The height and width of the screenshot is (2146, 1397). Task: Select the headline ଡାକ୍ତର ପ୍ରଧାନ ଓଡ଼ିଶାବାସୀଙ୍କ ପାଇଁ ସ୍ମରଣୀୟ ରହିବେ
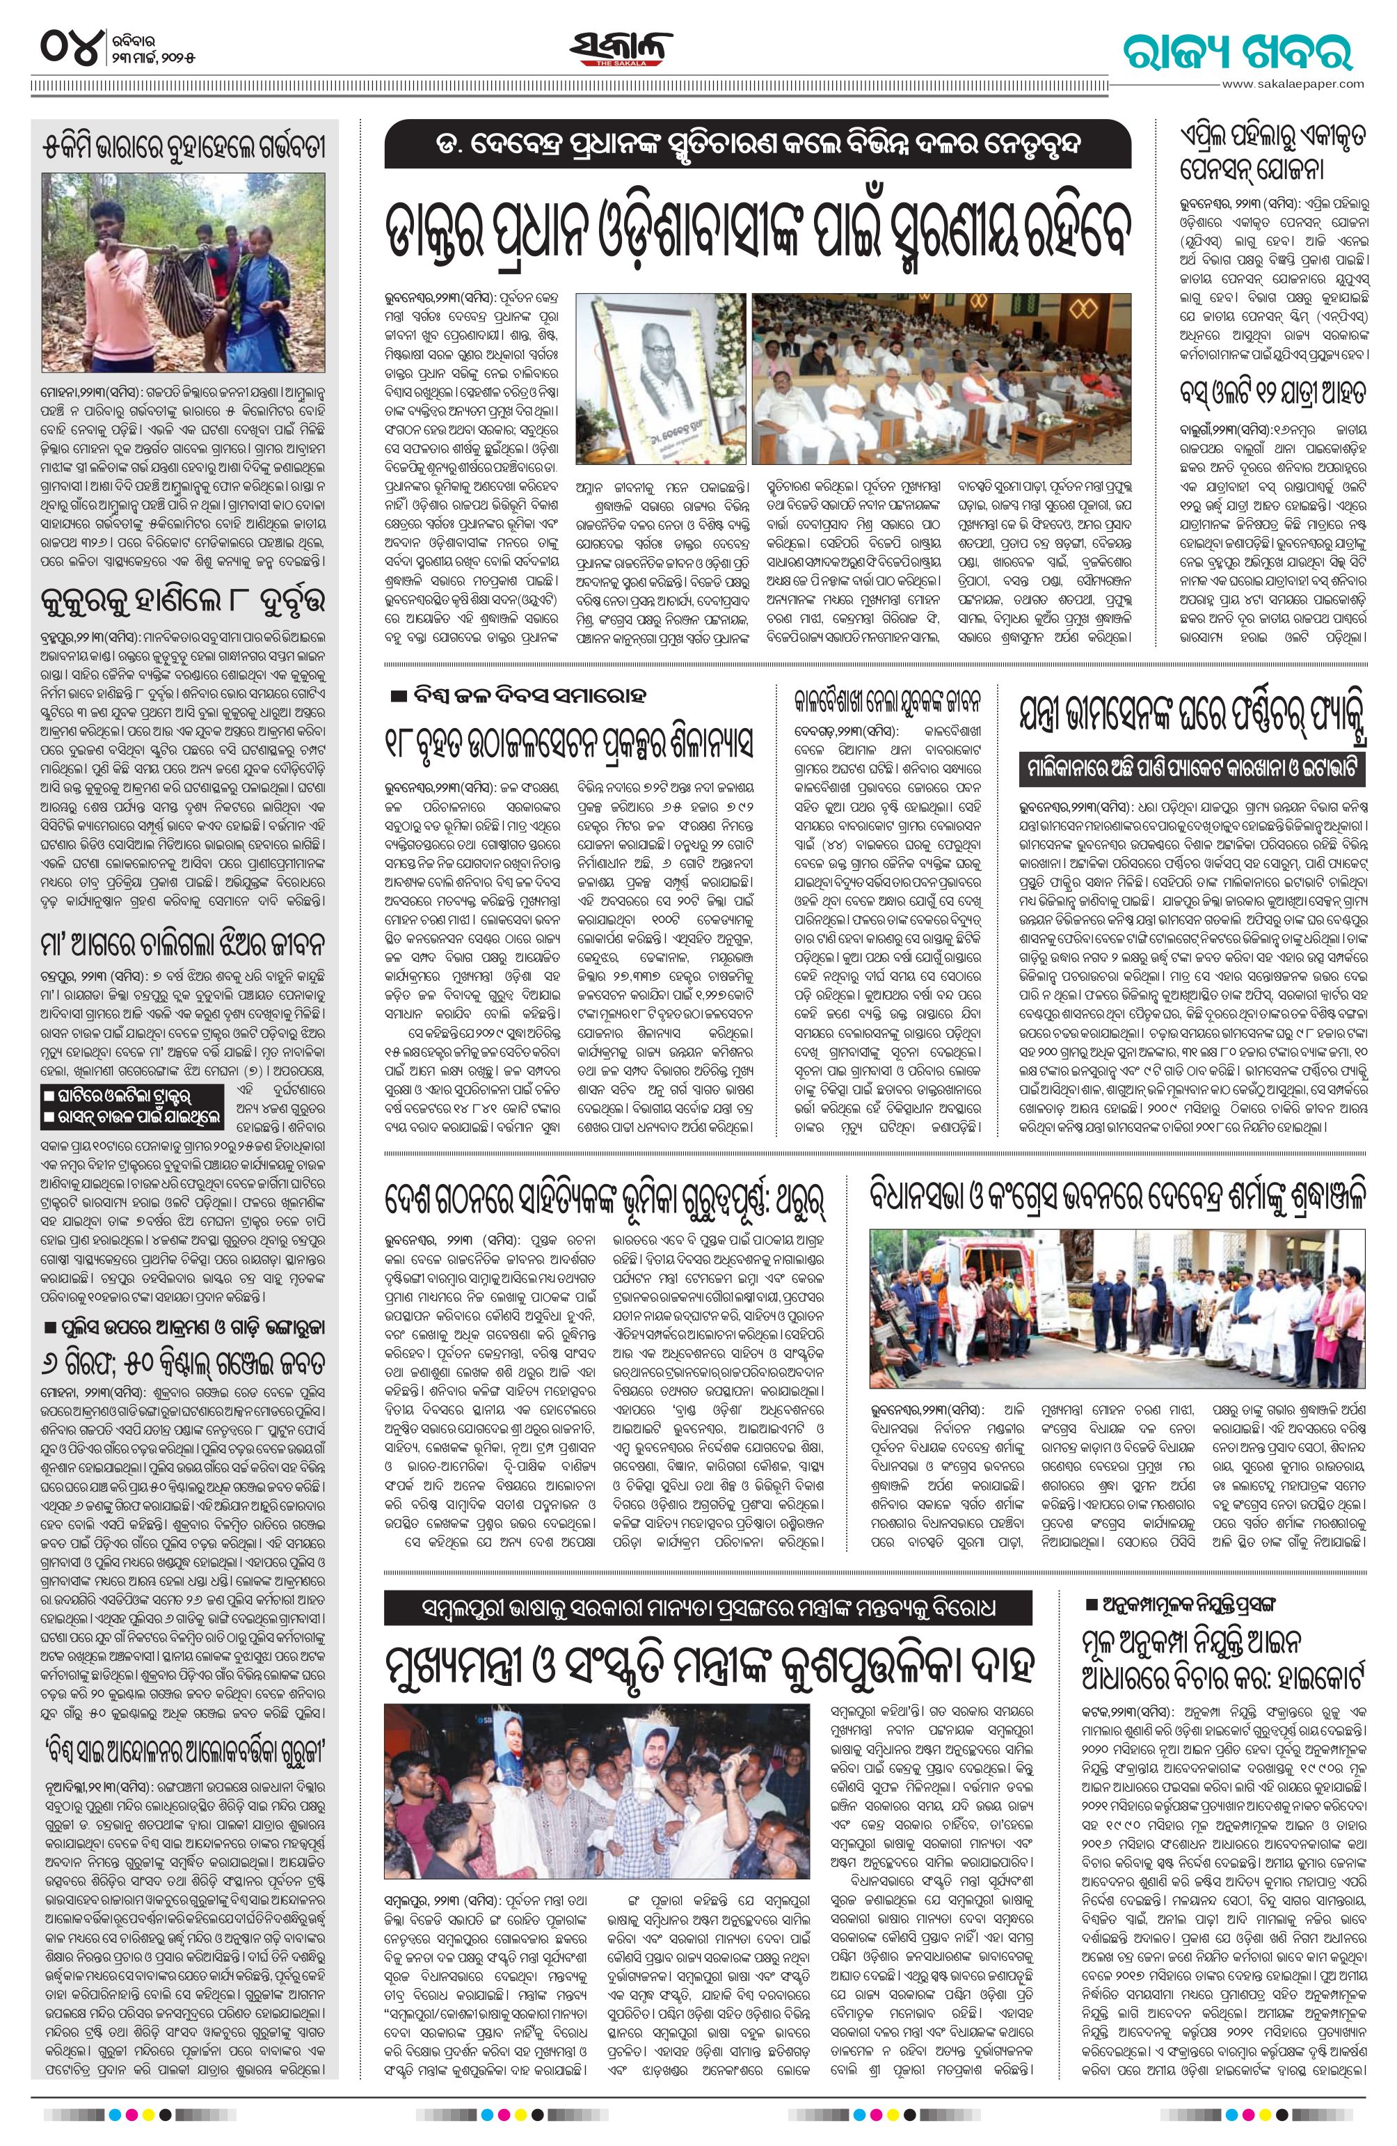[x=756, y=230]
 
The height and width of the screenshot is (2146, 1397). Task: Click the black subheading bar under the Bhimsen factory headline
[x=1192, y=773]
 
